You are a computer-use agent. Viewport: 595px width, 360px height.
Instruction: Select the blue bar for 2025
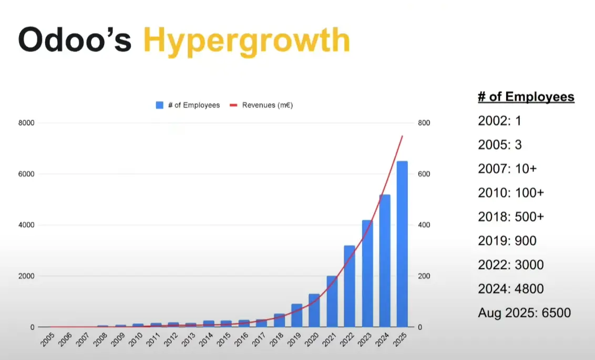point(402,244)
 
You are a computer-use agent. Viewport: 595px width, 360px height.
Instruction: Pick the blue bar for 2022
point(350,286)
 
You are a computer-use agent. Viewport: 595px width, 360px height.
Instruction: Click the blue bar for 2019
point(297,315)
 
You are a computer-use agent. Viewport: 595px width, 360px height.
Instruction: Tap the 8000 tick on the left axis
point(26,123)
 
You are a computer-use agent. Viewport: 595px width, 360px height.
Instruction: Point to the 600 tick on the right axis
point(424,174)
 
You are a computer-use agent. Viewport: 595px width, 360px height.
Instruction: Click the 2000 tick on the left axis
point(26,276)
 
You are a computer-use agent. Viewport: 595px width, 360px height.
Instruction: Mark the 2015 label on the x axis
point(223,340)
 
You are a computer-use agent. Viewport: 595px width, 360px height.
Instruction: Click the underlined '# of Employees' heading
point(526,97)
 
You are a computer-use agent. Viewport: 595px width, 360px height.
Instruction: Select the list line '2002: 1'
point(499,121)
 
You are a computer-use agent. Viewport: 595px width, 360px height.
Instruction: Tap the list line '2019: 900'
point(507,241)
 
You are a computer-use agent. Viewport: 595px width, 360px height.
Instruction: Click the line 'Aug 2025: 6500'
point(524,313)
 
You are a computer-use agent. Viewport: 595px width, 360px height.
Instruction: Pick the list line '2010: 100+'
point(511,193)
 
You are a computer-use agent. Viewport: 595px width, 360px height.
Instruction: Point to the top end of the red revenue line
point(402,136)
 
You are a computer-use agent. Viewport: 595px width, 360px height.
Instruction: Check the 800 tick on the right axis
point(424,123)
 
